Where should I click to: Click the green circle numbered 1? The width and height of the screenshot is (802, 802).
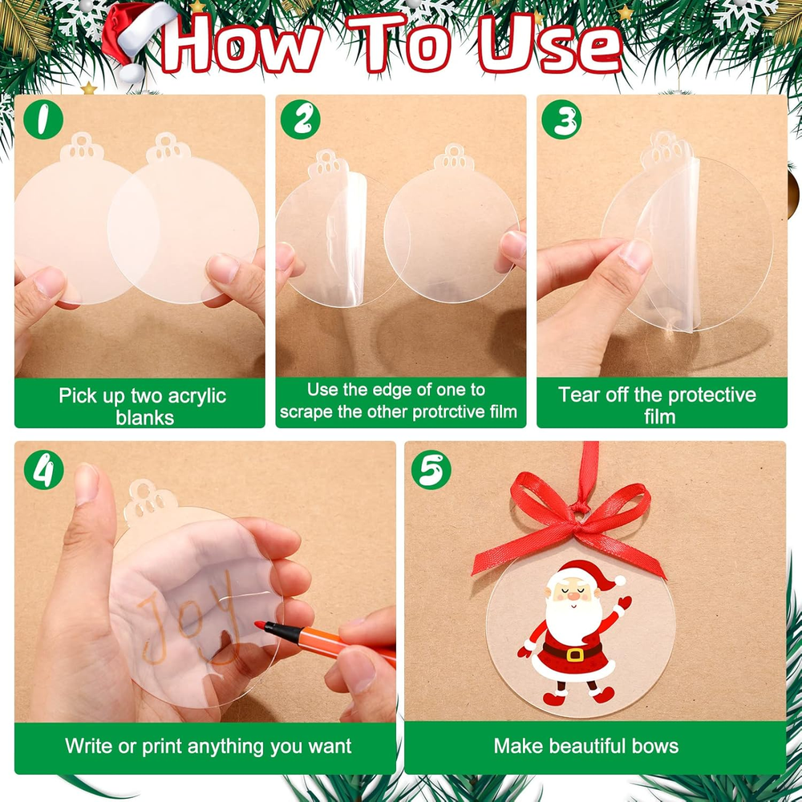[43, 119]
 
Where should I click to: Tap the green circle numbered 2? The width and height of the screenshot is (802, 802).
[300, 119]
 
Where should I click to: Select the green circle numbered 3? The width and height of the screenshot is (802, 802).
[561, 119]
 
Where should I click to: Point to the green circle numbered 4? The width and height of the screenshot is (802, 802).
[44, 469]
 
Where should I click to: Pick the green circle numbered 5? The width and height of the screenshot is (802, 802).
[431, 469]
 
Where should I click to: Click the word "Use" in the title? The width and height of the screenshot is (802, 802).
[550, 45]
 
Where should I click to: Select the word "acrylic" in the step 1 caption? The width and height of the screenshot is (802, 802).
[197, 396]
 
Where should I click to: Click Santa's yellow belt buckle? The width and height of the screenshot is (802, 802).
[575, 654]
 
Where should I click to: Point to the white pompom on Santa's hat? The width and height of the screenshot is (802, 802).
[619, 581]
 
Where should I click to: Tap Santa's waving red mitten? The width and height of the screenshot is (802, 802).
[625, 602]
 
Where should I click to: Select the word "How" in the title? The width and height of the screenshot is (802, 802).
[241, 45]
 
